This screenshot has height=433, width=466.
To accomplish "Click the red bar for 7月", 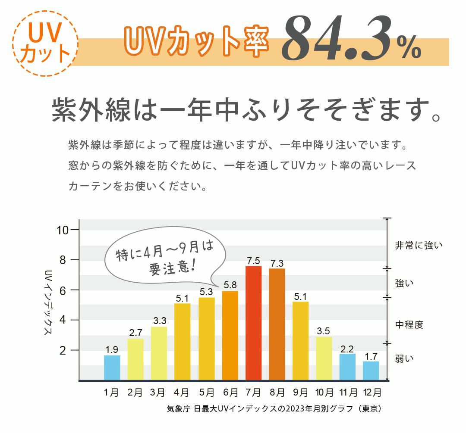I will (x=253, y=323).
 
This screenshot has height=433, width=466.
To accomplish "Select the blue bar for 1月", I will (x=112, y=368).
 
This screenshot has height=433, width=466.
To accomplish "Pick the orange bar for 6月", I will (x=230, y=336).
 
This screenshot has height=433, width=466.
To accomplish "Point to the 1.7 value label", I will (x=371, y=356).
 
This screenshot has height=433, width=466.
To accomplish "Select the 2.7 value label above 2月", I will (x=135, y=333).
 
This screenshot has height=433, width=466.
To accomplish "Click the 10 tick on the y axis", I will (x=63, y=230).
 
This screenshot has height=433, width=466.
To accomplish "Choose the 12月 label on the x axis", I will (x=371, y=393).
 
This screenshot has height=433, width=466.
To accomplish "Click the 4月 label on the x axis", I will (x=183, y=393).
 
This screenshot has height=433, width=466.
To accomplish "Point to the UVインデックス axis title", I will (x=48, y=303).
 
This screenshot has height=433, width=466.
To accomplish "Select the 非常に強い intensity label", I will (x=419, y=246).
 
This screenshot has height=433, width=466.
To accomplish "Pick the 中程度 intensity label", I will (x=409, y=324).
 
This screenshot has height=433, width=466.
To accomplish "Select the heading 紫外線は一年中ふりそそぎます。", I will (x=246, y=110).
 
